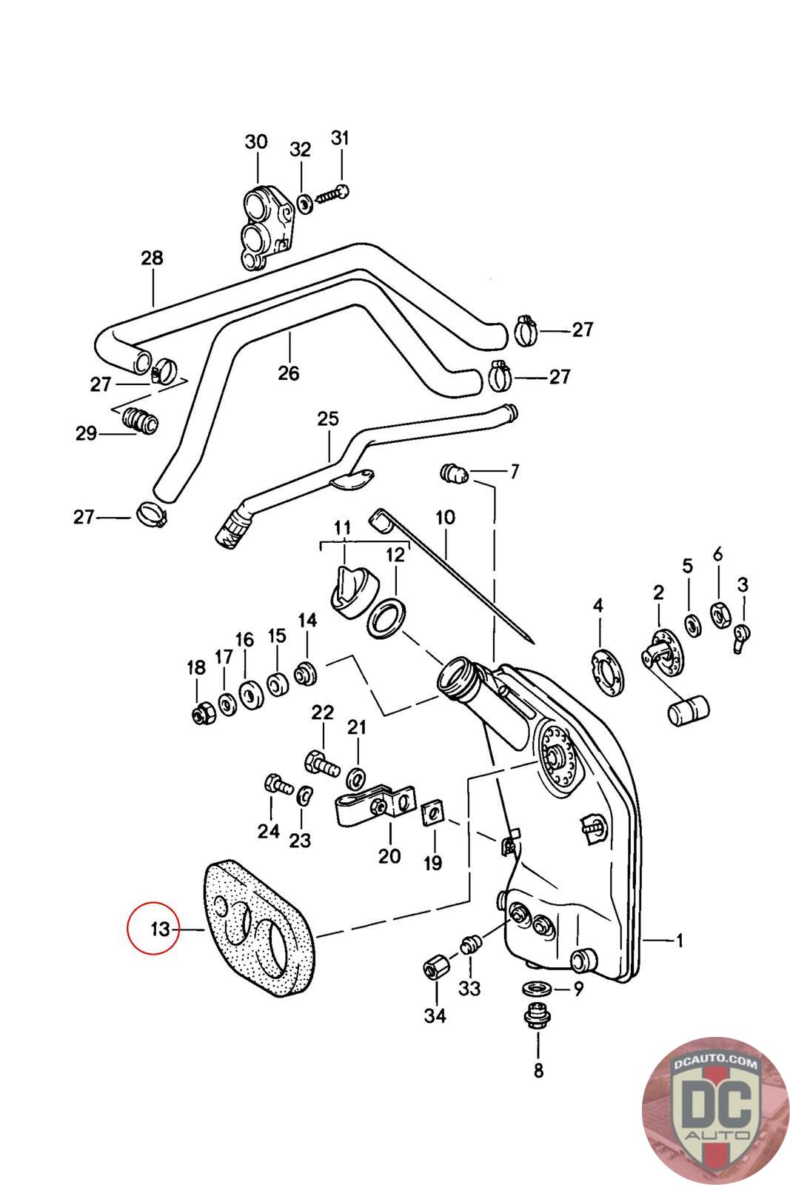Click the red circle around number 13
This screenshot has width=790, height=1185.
click(153, 927)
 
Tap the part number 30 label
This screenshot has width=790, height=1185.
click(256, 141)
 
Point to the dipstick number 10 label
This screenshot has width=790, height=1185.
click(445, 517)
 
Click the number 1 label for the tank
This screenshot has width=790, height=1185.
click(680, 940)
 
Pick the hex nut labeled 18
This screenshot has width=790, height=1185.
click(203, 715)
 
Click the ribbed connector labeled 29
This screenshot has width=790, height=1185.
click(140, 420)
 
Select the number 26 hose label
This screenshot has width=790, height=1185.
click(289, 373)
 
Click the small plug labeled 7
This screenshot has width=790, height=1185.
click(454, 473)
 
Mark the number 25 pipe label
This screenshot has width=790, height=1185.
click(328, 418)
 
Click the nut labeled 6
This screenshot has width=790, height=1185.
click(720, 615)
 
